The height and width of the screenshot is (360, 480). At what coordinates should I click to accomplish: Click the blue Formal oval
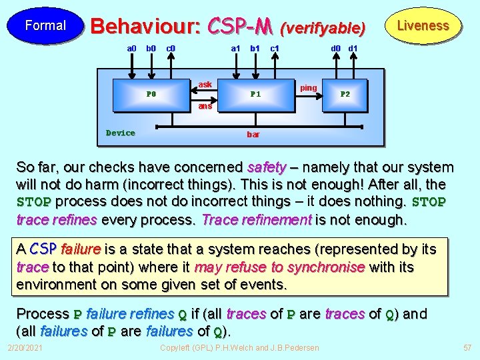(x=45, y=26)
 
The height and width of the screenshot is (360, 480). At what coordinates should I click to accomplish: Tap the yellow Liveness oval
(x=423, y=26)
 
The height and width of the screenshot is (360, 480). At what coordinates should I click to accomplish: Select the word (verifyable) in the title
(x=323, y=28)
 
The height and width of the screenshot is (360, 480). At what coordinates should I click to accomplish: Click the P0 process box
(x=151, y=94)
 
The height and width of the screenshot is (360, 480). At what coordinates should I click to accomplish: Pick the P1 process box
(x=255, y=94)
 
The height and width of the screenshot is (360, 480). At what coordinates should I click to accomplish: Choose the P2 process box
(x=345, y=94)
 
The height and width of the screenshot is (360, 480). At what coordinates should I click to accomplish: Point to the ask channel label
(x=205, y=85)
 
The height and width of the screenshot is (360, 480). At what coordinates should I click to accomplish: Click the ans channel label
(x=205, y=106)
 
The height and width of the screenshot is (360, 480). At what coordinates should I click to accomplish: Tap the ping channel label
(x=309, y=87)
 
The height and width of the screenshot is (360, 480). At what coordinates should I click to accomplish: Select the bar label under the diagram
(x=253, y=135)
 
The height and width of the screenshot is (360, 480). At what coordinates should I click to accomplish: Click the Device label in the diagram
(x=121, y=133)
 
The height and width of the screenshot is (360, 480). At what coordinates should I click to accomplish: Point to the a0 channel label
(x=132, y=49)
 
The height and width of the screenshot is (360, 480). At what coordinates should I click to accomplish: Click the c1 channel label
(x=274, y=49)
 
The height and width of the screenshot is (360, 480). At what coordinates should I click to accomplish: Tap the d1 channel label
(x=353, y=49)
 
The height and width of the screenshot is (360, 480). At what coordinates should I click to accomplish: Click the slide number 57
(x=466, y=348)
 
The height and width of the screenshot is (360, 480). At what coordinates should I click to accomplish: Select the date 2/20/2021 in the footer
(x=25, y=348)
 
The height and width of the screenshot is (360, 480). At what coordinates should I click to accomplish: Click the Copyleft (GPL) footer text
(x=239, y=348)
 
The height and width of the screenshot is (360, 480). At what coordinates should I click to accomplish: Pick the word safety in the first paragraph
(x=267, y=167)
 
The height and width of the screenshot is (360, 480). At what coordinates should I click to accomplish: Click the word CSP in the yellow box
(x=44, y=249)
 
